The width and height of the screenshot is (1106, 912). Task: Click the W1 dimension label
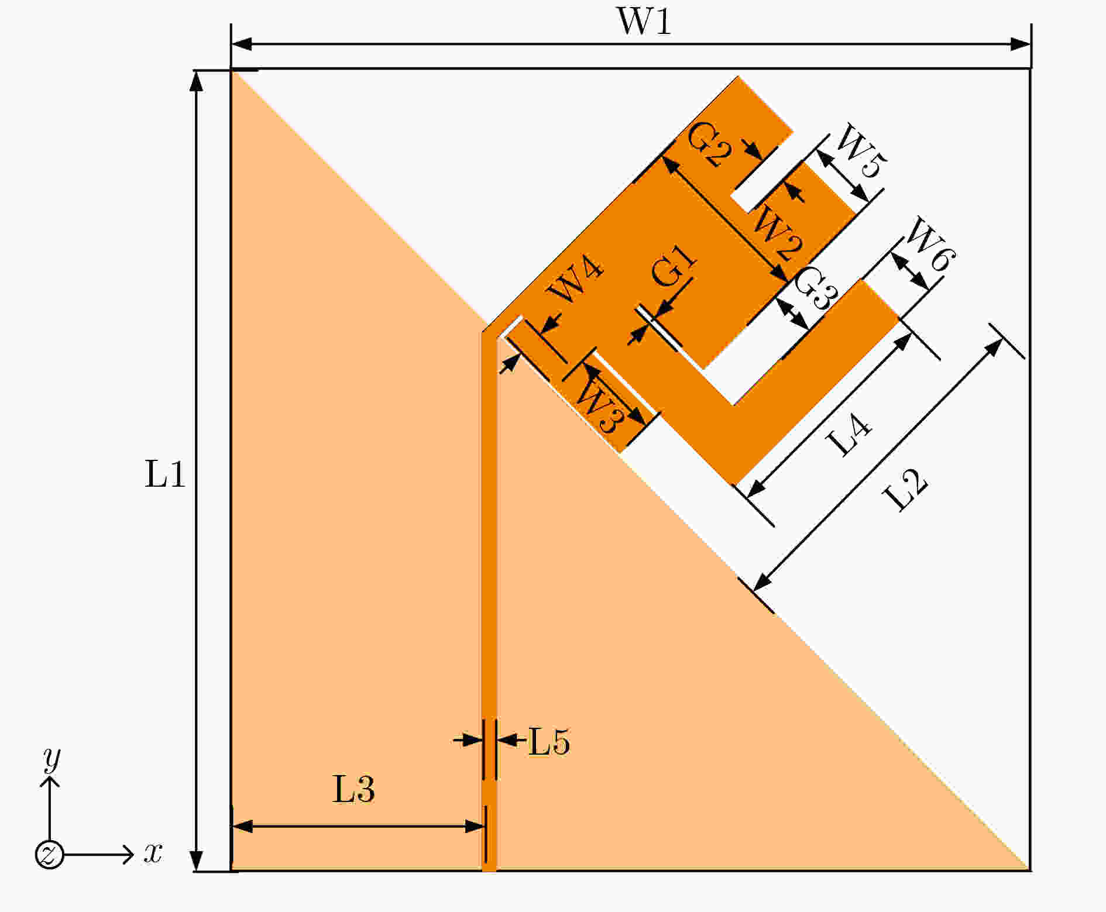pos(644,22)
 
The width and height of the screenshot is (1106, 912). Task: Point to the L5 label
pos(549,742)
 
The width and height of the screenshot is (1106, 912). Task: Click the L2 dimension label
pos(905,490)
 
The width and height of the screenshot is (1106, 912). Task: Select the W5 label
pos(860,152)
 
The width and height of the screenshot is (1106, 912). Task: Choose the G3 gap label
pos(815,288)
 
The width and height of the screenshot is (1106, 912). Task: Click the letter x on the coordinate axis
pos(153,854)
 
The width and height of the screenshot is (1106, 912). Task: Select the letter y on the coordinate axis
pos(52,759)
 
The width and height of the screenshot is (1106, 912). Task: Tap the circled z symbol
pos(49,855)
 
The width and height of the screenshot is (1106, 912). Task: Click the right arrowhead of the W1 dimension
pos(1021,44)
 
